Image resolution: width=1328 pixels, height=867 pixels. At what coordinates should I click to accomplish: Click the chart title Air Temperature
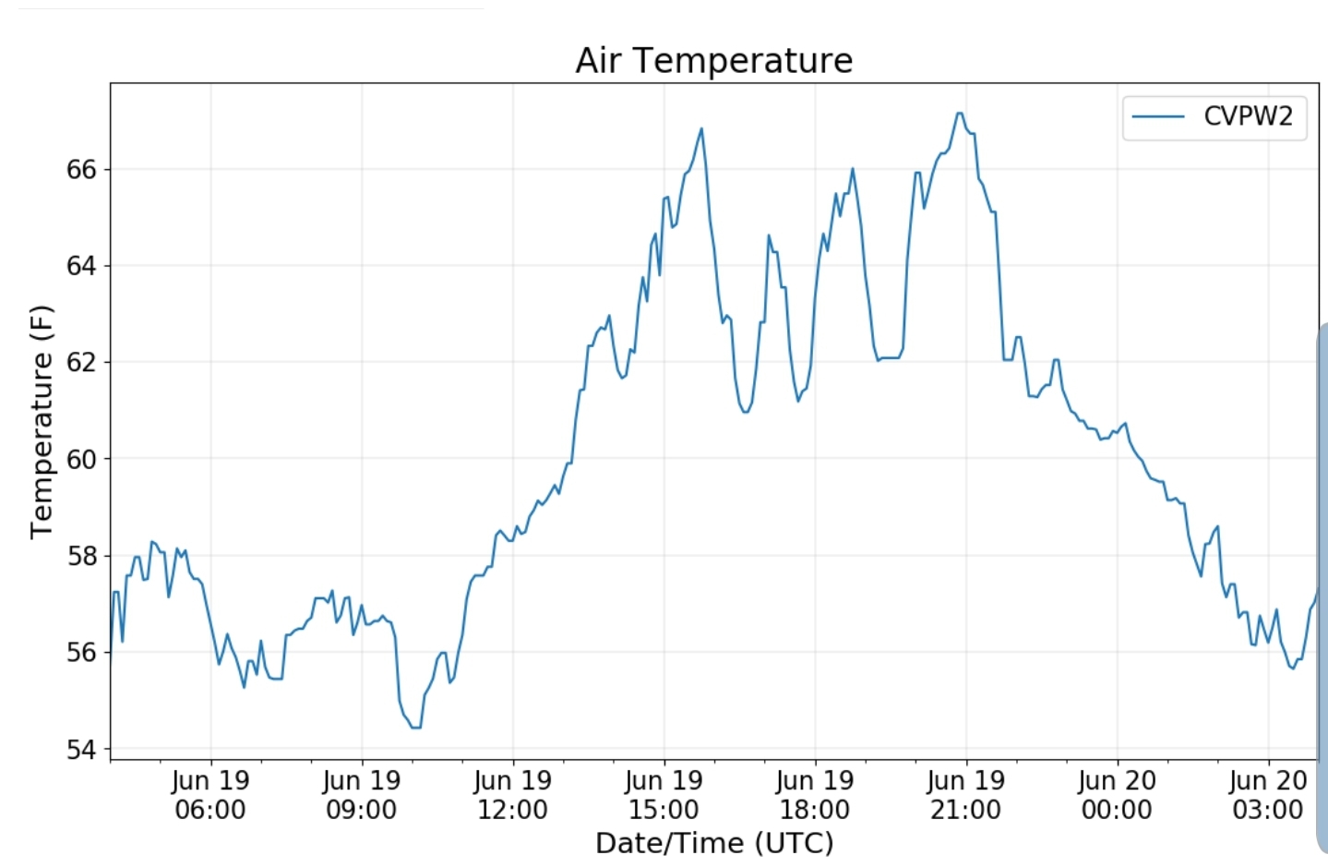click(x=713, y=61)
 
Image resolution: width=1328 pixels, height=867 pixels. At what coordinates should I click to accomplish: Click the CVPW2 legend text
click(x=1248, y=116)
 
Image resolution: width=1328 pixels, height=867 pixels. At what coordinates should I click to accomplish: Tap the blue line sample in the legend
click(x=1158, y=116)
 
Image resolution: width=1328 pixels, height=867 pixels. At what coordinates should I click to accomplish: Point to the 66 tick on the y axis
click(x=81, y=170)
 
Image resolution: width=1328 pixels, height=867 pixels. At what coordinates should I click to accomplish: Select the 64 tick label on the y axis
click(x=81, y=266)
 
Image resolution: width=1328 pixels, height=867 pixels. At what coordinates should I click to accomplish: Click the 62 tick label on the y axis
click(x=81, y=362)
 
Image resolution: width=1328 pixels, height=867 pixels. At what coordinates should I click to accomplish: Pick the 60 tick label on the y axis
click(x=81, y=459)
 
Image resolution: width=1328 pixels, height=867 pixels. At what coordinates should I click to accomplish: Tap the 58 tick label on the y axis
click(x=81, y=556)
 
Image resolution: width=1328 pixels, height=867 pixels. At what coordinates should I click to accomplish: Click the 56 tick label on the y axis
click(x=81, y=652)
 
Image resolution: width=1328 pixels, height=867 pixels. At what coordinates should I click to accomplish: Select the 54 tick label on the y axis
click(x=81, y=749)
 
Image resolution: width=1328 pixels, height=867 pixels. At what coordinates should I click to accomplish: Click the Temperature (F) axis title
click(x=42, y=421)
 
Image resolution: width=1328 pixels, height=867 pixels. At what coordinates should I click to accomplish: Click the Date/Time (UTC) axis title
click(x=713, y=843)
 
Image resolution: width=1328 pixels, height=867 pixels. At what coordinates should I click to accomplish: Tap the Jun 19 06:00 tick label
click(x=210, y=795)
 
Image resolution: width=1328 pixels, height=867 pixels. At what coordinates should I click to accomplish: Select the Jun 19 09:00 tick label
click(x=362, y=795)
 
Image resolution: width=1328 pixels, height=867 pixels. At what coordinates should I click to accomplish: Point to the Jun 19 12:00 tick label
click(x=513, y=795)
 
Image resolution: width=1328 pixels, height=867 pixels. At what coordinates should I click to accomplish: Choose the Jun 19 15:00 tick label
click(x=664, y=795)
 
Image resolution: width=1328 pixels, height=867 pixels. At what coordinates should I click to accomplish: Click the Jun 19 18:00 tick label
click(x=815, y=795)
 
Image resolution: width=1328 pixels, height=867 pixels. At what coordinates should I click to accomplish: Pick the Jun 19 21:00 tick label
click(x=966, y=795)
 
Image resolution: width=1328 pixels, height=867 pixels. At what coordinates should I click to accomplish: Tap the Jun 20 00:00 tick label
click(x=1117, y=795)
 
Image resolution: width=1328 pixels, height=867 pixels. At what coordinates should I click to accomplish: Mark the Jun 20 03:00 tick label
click(x=1268, y=795)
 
